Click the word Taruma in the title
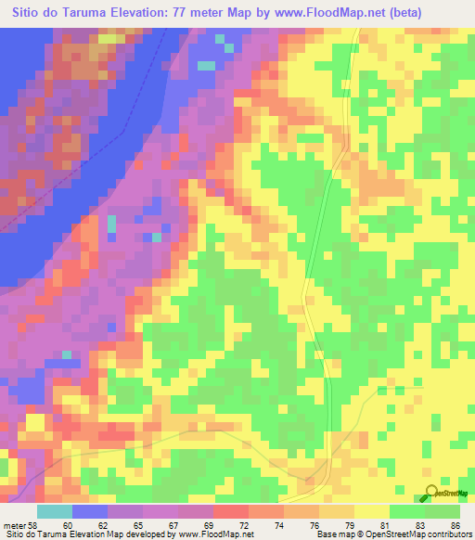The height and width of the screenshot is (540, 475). click(89, 13)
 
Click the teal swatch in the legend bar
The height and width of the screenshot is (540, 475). click(55, 511)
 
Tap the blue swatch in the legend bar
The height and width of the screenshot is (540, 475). click(90, 511)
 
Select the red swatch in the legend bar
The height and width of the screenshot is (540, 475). click(230, 511)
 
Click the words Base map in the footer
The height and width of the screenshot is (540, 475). click(337, 535)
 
